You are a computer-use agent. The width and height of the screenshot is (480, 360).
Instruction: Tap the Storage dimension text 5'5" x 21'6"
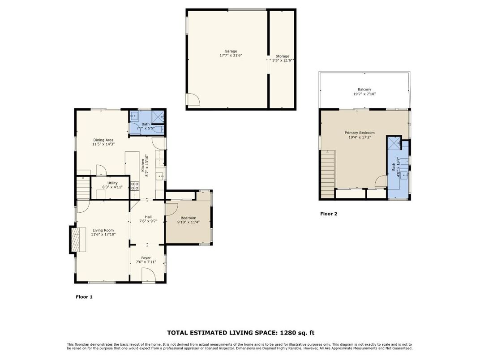(282, 60)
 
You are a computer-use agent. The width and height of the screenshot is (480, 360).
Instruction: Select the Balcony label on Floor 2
(364, 90)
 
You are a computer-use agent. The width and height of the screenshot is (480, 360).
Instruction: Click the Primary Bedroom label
(359, 133)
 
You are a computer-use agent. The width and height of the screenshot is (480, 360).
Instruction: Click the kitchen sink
(159, 176)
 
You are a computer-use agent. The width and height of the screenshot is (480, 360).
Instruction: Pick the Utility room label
(112, 183)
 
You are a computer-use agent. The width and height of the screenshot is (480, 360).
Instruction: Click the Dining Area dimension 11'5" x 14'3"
(103, 144)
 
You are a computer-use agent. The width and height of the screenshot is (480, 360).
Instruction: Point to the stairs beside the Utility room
(82, 185)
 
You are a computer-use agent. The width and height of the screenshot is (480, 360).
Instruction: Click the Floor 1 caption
(84, 296)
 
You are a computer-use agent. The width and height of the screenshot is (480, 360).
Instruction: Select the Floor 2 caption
(329, 214)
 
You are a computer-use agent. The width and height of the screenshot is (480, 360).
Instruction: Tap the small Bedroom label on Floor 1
(188, 218)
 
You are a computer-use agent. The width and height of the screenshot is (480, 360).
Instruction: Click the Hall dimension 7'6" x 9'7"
(148, 221)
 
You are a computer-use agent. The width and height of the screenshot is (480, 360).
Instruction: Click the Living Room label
(103, 230)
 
